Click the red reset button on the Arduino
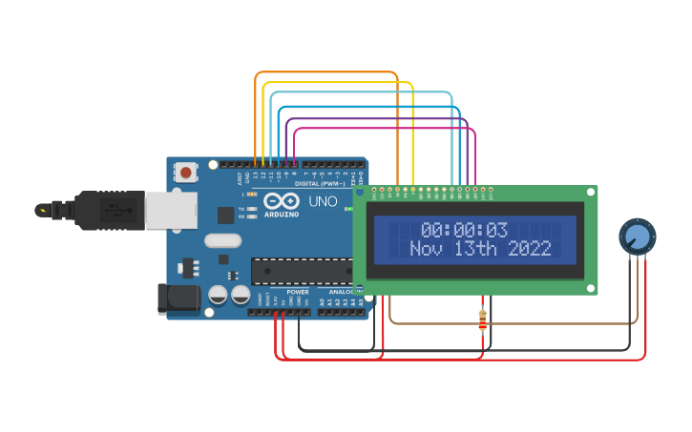[x=185, y=173]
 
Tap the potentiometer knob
[x=638, y=236]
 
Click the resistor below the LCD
[x=482, y=322]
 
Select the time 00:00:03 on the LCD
[x=465, y=230]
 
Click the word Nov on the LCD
[x=428, y=249]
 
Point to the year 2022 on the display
[x=530, y=249]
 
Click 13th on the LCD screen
[x=477, y=249]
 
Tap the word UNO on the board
[x=323, y=202]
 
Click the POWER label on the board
[x=297, y=292]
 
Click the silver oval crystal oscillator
[x=222, y=242]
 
